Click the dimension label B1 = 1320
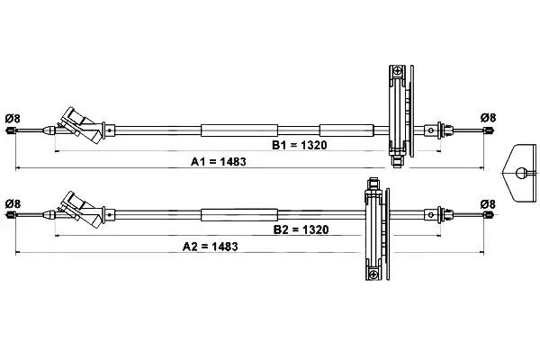(300, 145)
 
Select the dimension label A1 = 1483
(219, 162)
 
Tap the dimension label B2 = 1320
(301, 229)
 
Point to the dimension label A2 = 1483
(210, 247)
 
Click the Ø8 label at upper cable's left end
(13, 119)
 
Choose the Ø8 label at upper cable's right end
(489, 118)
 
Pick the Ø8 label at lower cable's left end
(13, 203)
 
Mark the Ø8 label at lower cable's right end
(488, 204)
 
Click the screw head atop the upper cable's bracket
(398, 71)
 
